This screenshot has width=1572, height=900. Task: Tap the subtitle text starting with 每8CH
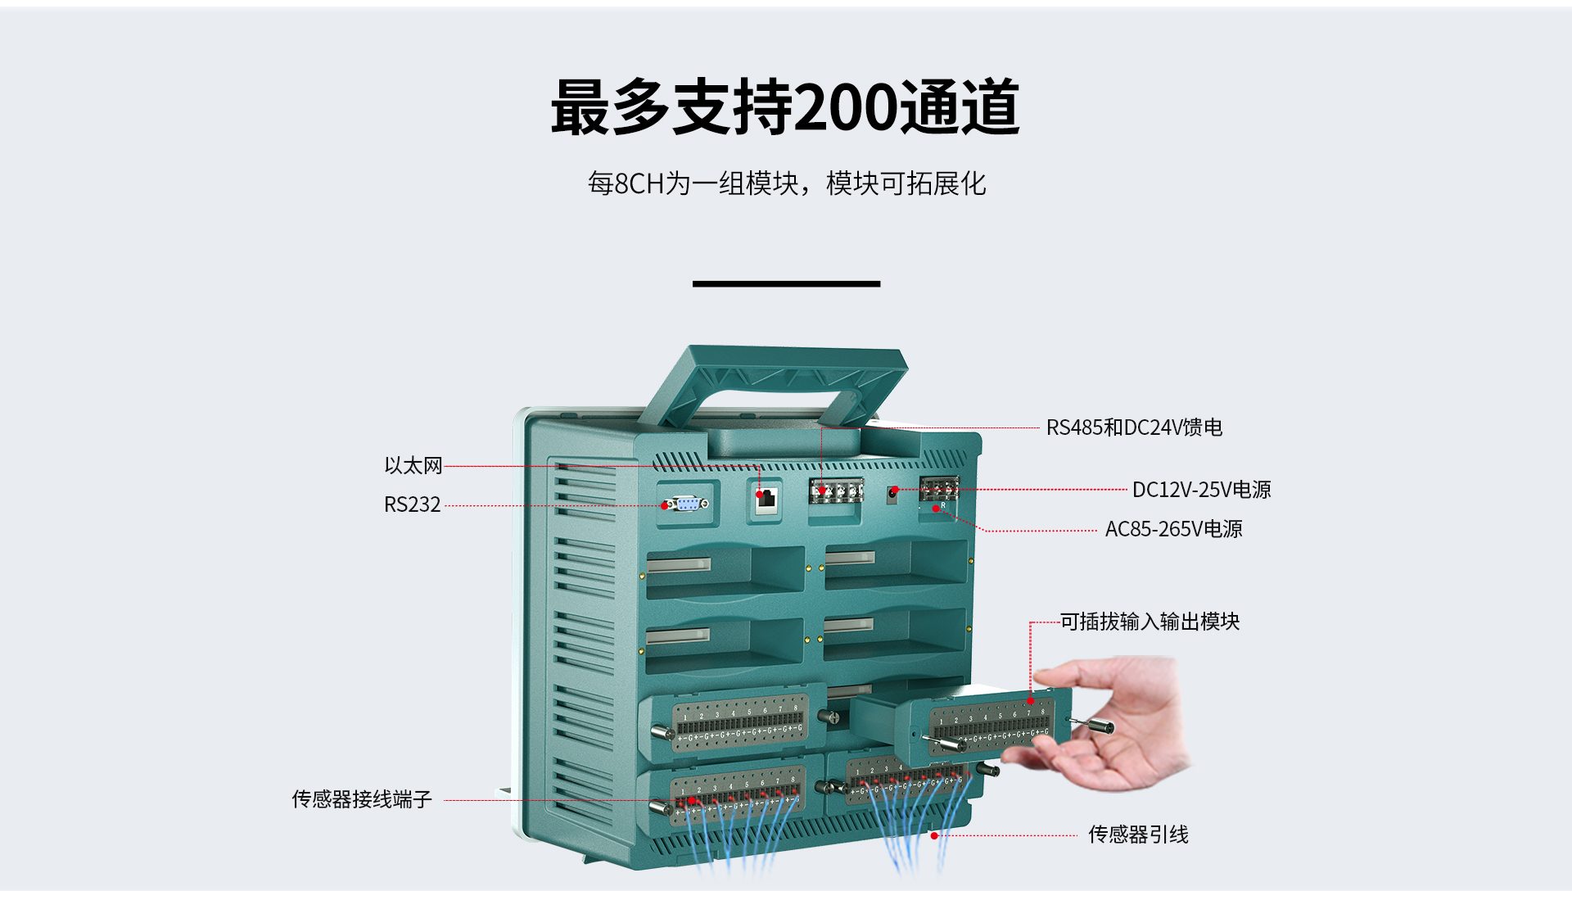coord(786,183)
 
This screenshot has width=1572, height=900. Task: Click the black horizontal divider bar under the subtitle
coord(786,283)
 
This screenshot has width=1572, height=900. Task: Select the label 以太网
coord(413,466)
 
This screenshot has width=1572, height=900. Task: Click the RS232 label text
coord(413,504)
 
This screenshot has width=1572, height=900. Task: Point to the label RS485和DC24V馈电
coord(1134,427)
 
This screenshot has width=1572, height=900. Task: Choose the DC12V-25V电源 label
coord(1201,490)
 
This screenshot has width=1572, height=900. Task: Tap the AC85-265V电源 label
coord(1173,529)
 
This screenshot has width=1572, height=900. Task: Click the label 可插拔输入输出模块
coord(1150,622)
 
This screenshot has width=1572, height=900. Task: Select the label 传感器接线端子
coord(362,799)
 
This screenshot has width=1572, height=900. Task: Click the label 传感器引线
coord(1138,834)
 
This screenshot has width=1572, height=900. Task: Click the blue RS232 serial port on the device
coord(686,504)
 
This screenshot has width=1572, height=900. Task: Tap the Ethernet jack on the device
coord(766,499)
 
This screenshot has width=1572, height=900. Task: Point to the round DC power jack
coord(893,493)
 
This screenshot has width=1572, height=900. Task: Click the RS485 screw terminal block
coord(836,491)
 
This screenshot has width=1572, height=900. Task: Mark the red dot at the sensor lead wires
coord(934,835)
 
